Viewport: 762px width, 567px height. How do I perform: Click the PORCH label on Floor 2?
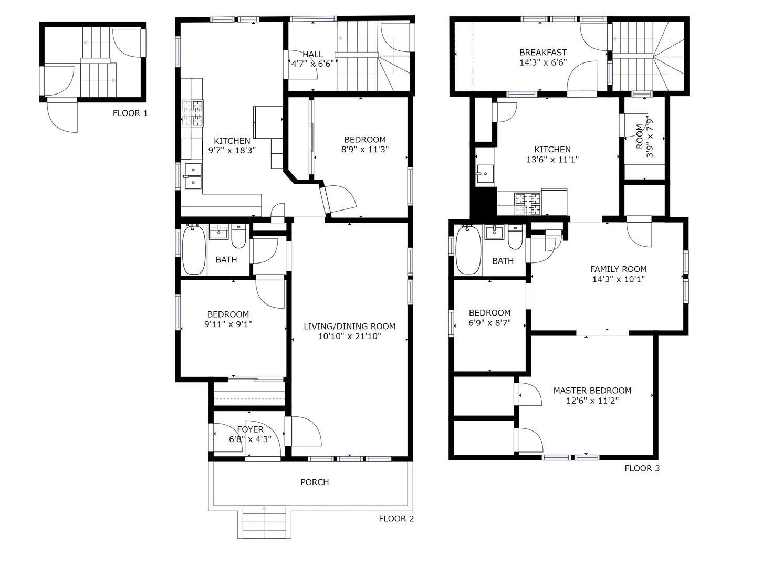point(315,482)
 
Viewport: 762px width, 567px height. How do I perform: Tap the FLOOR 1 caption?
point(130,113)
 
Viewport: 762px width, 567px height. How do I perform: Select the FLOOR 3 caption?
point(642,468)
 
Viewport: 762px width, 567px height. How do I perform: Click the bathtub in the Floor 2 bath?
point(194,250)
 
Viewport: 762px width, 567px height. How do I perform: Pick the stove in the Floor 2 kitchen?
point(193,113)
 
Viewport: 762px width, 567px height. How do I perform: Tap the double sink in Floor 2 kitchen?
point(193,176)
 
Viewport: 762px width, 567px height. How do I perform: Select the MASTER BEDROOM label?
point(592,391)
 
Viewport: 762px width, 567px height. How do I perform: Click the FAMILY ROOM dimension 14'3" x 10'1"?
point(618,279)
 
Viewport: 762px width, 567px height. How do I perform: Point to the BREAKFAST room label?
point(543,52)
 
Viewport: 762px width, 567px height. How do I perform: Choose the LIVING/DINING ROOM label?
point(349,326)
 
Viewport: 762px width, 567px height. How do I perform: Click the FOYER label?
point(250,429)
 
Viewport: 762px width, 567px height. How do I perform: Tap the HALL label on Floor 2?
point(312,54)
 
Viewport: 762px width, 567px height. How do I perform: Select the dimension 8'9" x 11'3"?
point(364,149)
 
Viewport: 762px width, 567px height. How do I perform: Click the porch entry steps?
point(264,522)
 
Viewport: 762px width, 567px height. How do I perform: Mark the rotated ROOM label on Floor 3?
point(639,136)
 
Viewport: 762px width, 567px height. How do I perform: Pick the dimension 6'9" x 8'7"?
point(489,323)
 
